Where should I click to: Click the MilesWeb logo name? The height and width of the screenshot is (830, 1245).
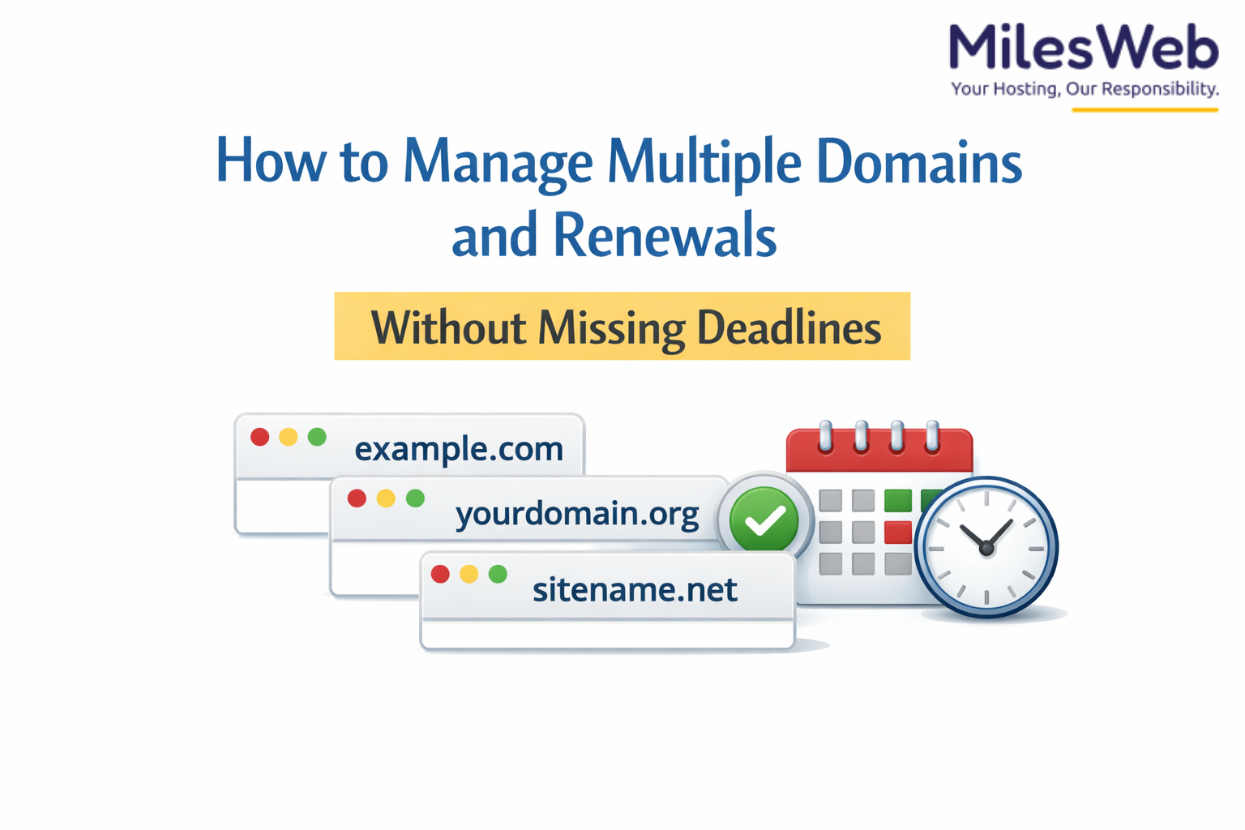(x=1084, y=48)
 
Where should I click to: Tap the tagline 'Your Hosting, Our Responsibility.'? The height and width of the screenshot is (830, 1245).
(x=1085, y=88)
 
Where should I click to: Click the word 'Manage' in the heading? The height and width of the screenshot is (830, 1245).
(x=498, y=162)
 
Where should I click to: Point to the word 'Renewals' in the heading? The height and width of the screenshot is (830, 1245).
(x=665, y=235)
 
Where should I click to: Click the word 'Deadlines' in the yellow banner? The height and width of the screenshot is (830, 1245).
(x=789, y=327)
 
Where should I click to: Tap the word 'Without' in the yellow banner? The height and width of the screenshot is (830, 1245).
(x=448, y=327)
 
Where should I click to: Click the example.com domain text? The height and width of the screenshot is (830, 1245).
(x=459, y=448)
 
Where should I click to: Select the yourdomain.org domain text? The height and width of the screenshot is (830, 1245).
(x=576, y=513)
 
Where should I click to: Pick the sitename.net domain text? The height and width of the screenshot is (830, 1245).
(x=635, y=589)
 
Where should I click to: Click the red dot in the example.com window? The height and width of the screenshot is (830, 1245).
(x=260, y=437)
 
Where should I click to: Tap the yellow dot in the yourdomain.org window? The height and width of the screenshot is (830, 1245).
(x=386, y=498)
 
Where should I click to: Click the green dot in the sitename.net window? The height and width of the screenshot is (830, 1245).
(x=498, y=574)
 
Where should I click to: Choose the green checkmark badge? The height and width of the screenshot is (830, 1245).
(x=764, y=520)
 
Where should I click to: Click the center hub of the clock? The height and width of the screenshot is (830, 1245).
(x=986, y=549)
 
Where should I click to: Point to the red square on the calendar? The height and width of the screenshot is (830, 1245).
(x=897, y=533)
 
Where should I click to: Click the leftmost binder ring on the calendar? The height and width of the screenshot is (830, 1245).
(x=825, y=436)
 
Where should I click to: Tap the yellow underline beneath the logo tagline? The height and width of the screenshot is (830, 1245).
(x=1144, y=109)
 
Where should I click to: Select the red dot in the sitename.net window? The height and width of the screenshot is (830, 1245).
(x=440, y=574)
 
